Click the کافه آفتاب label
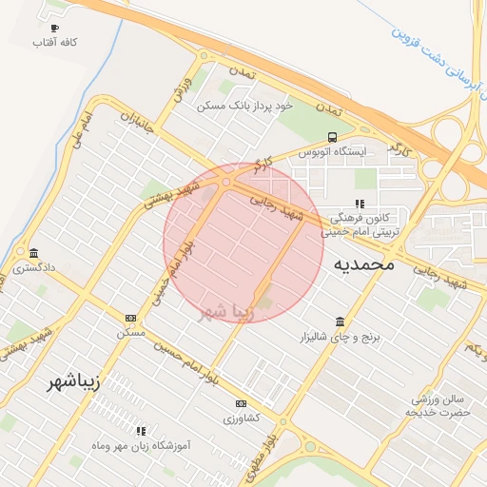pos(54,44)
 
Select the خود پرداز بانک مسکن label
pos(243,106)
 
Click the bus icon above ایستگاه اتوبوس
pos(332,137)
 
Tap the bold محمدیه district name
pos(363,264)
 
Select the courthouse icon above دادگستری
pos(35,253)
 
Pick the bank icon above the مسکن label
pos(130,318)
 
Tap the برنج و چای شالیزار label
pos(339,338)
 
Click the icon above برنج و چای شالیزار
pos(340,321)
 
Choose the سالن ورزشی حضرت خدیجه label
pos(437,406)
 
